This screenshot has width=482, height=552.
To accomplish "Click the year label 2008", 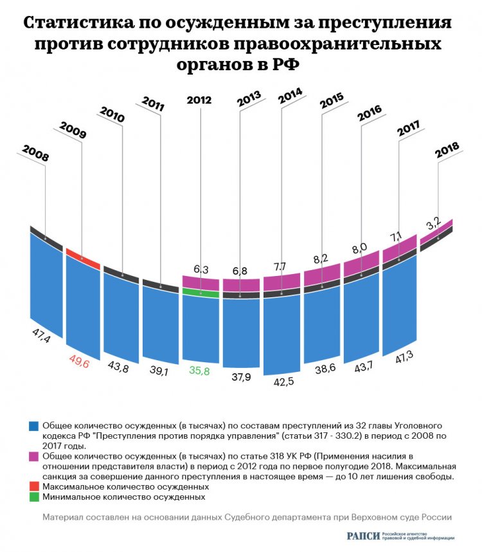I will coord(35,154).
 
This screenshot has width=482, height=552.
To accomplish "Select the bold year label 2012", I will coord(199,100).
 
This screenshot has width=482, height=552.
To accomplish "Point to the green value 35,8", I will coord(199,371).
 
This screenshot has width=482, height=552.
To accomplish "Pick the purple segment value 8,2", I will coord(321,259).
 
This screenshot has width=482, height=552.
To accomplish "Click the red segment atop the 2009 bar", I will coord(82,257).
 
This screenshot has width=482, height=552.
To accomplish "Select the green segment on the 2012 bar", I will coord(201,292).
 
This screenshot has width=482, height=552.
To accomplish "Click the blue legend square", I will coord(35,426).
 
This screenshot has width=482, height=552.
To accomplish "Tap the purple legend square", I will coord(35,454).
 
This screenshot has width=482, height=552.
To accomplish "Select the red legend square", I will coord(35,487).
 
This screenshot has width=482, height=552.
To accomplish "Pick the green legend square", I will coord(35,497).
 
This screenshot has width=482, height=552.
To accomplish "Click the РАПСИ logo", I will coord(362,537).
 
